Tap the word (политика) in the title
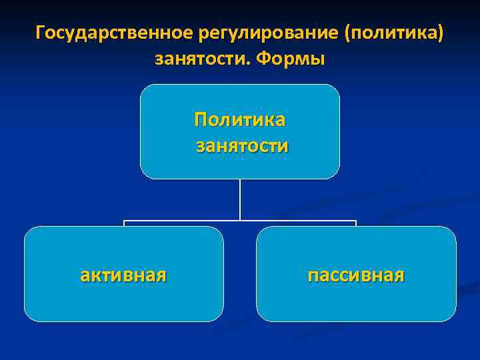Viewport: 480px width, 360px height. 393,33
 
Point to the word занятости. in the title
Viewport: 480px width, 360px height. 201,59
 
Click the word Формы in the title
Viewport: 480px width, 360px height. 291,59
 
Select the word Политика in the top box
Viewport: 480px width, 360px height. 239,120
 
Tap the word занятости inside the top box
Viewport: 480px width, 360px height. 241,145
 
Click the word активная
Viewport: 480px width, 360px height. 123,274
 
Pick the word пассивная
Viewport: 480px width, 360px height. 356,274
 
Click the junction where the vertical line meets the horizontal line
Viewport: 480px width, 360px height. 240,220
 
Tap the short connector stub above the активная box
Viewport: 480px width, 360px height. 124,223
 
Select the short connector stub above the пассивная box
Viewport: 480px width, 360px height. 356,223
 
